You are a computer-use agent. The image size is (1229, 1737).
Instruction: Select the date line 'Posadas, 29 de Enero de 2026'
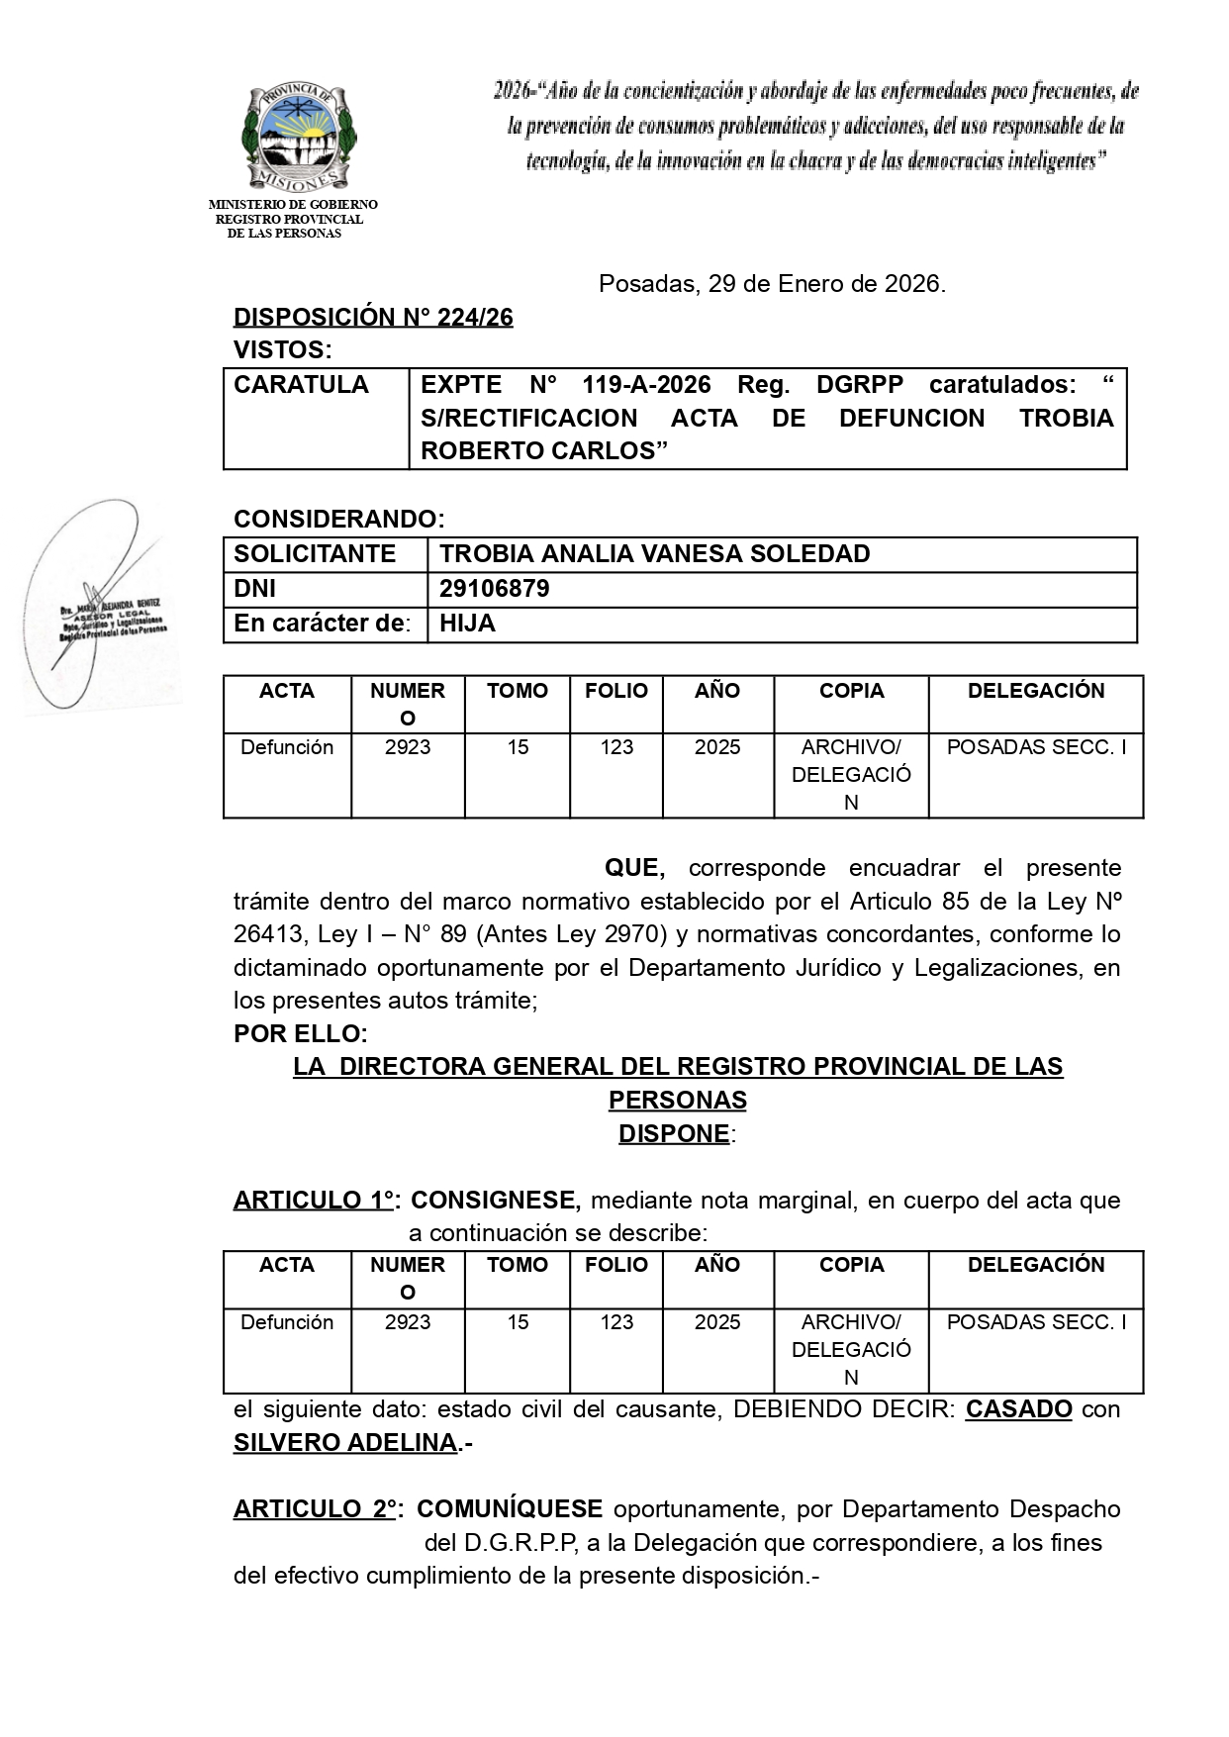772,285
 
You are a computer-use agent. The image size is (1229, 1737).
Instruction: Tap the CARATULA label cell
301,385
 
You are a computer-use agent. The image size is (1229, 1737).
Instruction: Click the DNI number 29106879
494,590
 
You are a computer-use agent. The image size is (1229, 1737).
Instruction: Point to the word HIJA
467,624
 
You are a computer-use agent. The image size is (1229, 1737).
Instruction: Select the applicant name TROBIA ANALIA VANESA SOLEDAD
654,554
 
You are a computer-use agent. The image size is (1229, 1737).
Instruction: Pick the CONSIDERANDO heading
338,519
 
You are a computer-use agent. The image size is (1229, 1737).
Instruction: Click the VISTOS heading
282,350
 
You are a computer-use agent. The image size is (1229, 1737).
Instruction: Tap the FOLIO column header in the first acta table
615,691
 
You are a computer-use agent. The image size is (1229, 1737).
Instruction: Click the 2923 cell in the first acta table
408,747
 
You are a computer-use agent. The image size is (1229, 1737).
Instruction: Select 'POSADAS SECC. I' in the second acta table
1036,1322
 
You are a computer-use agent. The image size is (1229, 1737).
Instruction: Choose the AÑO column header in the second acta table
717,1265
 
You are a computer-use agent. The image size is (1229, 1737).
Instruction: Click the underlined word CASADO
1018,1408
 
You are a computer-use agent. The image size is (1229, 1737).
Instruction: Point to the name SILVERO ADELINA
345,1443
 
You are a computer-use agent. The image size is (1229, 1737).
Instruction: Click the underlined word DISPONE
674,1133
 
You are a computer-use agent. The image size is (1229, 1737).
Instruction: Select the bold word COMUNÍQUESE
509,1509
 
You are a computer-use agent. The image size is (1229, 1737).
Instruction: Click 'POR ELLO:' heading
300,1033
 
